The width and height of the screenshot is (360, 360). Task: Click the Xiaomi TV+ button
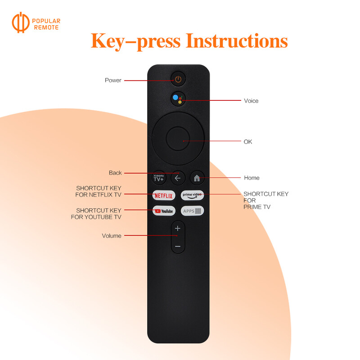[x=159, y=178]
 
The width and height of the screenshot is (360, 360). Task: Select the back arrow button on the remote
[x=178, y=178]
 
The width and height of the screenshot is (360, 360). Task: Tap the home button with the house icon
[x=197, y=178]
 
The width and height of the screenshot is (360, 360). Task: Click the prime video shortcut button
[x=193, y=195]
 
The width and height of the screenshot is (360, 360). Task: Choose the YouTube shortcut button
[x=164, y=211]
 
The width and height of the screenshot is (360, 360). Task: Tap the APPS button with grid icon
[x=193, y=211]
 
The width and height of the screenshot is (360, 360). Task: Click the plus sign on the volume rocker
[x=178, y=229]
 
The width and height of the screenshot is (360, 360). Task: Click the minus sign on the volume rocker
[x=178, y=246]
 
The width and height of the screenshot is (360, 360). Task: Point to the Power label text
[x=113, y=81]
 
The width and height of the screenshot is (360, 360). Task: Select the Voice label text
[x=251, y=101]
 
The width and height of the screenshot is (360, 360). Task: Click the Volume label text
[x=111, y=236]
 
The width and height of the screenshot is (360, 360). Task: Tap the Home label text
[x=252, y=178]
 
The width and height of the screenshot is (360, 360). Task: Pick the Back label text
[x=115, y=173]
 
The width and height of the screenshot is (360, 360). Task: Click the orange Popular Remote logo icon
[x=21, y=24]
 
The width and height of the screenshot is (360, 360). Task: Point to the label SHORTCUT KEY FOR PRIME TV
[x=265, y=200]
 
